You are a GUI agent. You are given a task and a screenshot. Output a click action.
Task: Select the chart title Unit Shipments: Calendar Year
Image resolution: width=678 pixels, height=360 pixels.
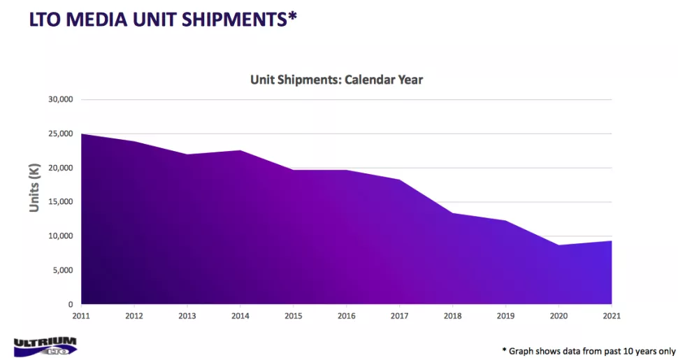(336, 80)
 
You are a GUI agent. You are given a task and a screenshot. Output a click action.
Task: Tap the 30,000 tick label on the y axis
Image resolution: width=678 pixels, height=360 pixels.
(60, 99)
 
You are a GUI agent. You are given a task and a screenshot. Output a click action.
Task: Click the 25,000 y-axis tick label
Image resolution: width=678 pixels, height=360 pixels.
(60, 134)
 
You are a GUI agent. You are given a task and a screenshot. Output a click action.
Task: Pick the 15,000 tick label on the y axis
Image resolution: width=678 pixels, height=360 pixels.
(60, 202)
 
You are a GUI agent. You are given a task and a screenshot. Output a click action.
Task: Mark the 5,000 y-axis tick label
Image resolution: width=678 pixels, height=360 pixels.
(62, 271)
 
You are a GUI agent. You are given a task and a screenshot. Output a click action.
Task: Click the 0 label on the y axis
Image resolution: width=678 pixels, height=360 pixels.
(70, 305)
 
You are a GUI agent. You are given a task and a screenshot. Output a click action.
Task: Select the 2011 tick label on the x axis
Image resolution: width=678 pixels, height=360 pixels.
(82, 316)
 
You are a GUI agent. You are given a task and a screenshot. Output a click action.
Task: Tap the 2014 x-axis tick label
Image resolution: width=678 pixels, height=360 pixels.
(240, 316)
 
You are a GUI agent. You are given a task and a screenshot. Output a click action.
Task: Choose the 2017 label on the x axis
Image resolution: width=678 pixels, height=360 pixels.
(399, 316)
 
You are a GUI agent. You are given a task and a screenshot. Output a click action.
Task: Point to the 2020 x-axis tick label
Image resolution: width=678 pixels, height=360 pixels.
(558, 316)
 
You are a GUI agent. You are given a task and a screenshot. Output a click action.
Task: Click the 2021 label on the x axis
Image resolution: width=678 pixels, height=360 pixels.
(611, 316)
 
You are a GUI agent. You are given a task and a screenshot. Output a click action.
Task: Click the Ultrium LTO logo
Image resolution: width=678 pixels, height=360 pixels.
(45, 345)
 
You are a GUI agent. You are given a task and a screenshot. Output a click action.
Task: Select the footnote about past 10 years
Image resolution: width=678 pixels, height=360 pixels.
(589, 350)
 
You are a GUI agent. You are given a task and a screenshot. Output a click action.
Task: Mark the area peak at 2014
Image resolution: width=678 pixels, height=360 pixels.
(240, 150)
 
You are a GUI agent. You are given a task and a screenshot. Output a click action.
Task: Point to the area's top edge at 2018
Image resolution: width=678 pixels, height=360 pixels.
(452, 213)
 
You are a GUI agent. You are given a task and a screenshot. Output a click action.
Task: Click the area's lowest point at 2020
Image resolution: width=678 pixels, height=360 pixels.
(558, 245)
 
